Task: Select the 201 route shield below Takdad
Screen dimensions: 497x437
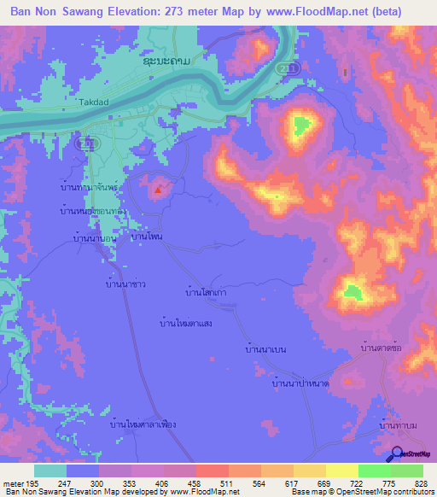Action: [x=81, y=144]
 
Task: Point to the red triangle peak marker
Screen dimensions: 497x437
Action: [x=157, y=188]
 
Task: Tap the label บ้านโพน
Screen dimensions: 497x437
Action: [x=147, y=234]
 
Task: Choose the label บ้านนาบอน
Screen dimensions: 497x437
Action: [x=95, y=239]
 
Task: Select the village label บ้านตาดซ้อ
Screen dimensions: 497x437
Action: [x=381, y=348]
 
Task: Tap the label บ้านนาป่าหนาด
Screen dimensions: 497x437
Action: [x=300, y=384]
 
